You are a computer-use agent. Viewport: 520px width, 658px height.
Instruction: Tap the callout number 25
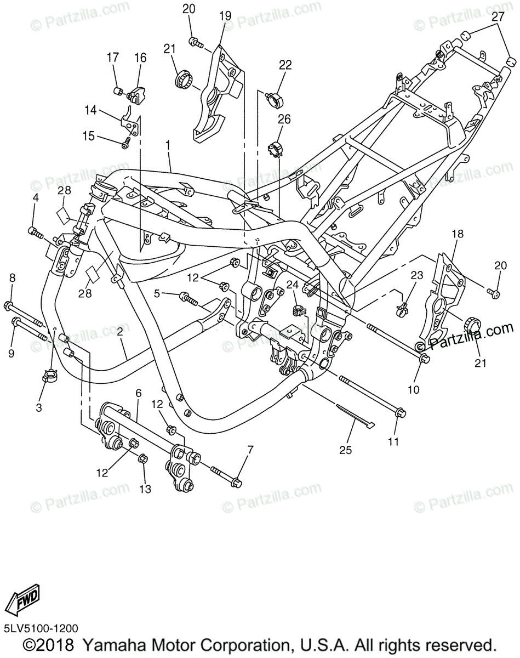coord(345,450)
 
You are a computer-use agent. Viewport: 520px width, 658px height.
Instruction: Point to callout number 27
coord(497,16)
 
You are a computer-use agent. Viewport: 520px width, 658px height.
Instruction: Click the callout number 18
coord(458,234)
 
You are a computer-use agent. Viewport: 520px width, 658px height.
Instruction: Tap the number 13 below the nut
coord(145,489)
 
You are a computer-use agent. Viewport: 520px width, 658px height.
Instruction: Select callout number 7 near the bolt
coord(250,450)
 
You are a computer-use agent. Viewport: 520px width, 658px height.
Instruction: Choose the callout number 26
coord(283,118)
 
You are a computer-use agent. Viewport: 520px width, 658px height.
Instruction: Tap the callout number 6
coord(138,393)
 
